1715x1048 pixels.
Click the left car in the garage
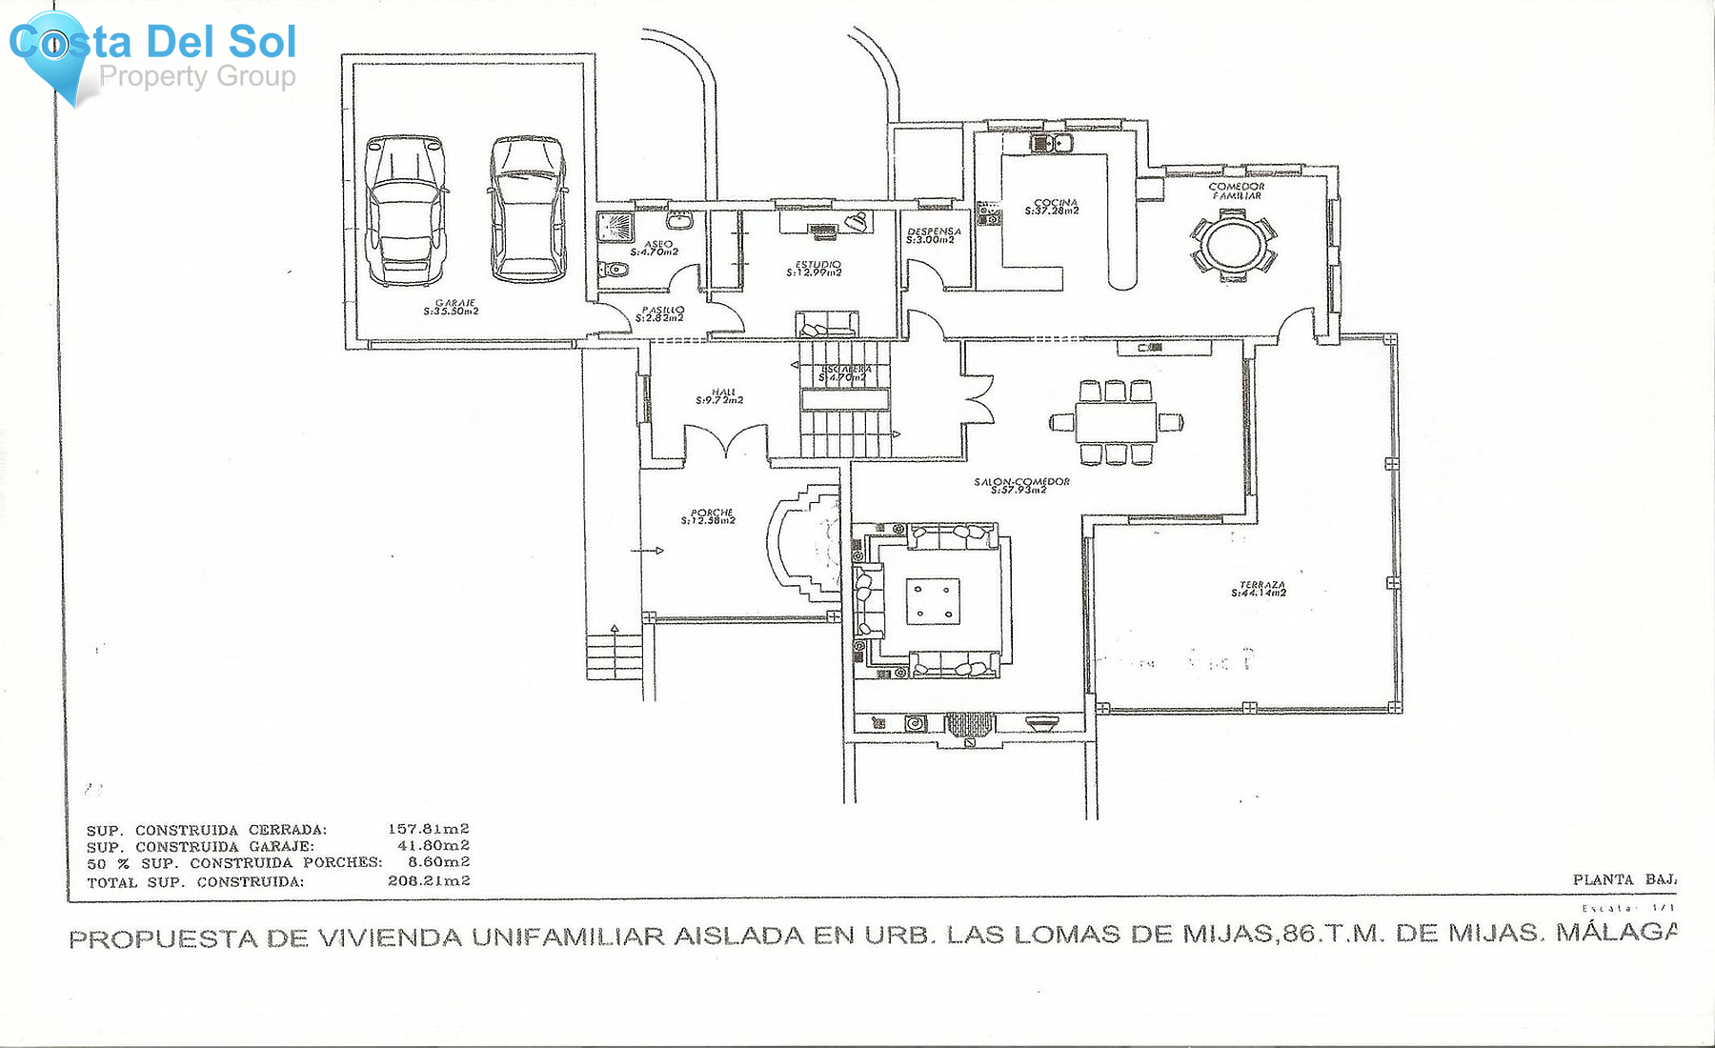(407, 211)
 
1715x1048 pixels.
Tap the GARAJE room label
(452, 307)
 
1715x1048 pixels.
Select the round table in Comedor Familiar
(1233, 244)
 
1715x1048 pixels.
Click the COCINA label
(1053, 207)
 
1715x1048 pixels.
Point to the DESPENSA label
(933, 235)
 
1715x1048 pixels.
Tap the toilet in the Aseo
(613, 271)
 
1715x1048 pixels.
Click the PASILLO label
(660, 313)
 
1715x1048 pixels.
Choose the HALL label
(720, 396)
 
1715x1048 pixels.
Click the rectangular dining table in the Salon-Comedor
(1116, 421)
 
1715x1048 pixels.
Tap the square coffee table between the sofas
(932, 601)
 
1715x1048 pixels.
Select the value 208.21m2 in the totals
(428, 881)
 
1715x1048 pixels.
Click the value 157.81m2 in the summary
(428, 829)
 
